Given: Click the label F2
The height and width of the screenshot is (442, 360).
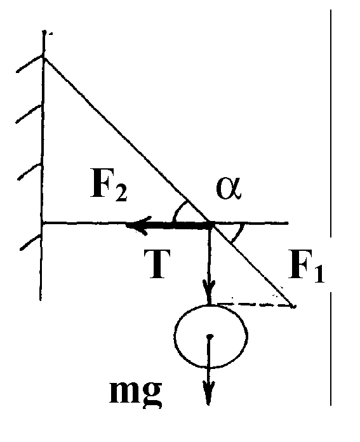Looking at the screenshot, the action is (109, 187).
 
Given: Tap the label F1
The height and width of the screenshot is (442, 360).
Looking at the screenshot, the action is (306, 266).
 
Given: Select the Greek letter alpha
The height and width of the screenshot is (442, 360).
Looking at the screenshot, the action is (229, 189).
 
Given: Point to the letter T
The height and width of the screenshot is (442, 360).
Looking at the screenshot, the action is (157, 264).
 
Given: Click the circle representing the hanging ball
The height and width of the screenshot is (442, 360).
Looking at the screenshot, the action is (175, 337).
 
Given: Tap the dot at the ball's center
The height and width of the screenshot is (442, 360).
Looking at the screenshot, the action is (210, 337).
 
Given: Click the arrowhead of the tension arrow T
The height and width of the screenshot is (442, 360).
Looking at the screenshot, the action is (140, 225).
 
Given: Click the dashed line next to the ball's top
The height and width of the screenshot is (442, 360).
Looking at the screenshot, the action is (254, 305).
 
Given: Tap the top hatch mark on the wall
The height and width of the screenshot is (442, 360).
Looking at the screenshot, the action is (30, 64).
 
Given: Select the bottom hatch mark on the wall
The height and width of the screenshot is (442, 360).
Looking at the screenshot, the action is (30, 243).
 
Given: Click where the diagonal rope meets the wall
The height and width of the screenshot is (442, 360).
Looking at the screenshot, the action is (44, 58).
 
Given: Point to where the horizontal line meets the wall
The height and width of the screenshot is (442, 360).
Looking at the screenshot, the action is (43, 224).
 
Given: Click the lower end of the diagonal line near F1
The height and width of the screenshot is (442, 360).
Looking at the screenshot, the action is (293, 306).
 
